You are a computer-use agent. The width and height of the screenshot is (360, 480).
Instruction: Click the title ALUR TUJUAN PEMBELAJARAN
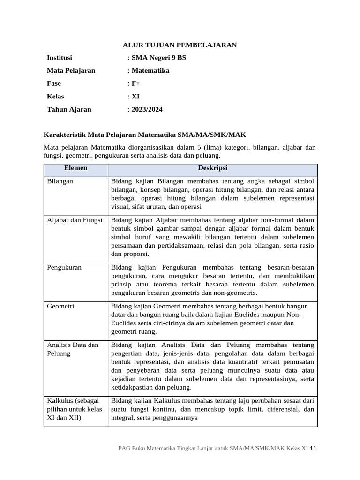pyautogui.click(x=180, y=45)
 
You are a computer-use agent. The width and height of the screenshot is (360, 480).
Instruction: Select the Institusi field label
pyautogui.click(x=60, y=58)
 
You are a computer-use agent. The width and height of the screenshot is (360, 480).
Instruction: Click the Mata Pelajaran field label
pyautogui.click(x=71, y=71)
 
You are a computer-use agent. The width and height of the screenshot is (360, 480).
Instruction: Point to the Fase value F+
pyautogui.click(x=134, y=83)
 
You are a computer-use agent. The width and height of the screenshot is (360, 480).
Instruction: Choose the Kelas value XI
pyautogui.click(x=135, y=97)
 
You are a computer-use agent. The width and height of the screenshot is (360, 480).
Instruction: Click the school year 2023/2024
pyautogui.click(x=145, y=109)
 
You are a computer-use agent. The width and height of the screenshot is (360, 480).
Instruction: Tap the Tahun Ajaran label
pyautogui.click(x=69, y=109)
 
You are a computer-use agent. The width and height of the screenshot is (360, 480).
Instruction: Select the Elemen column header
pyautogui.click(x=75, y=168)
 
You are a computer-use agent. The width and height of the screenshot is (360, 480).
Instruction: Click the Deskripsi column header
pyautogui.click(x=213, y=168)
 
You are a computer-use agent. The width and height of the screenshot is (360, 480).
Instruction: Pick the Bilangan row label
pyautogui.click(x=60, y=181)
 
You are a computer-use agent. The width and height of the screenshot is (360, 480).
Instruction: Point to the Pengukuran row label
pyautogui.click(x=64, y=267)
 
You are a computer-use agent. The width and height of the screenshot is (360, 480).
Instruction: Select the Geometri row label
pyautogui.click(x=61, y=306)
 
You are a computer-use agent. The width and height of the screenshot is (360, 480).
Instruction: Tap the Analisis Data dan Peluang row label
pyautogui.click(x=73, y=349)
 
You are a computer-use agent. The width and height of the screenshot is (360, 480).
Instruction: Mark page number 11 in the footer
pyautogui.click(x=314, y=448)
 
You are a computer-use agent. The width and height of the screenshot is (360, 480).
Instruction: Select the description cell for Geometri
pyautogui.click(x=213, y=318)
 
